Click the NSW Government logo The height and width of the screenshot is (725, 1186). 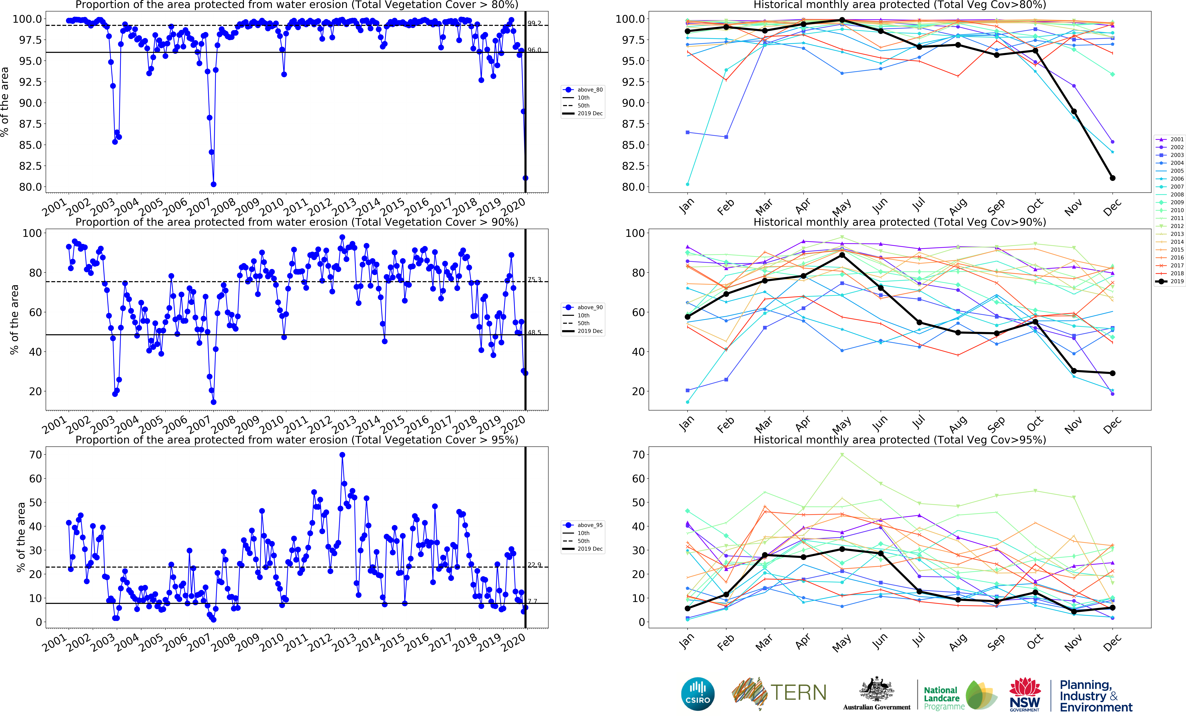(1025, 694)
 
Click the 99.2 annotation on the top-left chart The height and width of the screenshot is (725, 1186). (534, 23)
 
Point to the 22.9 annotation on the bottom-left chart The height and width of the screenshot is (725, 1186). (534, 565)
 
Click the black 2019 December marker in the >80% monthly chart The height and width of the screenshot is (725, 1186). (1112, 178)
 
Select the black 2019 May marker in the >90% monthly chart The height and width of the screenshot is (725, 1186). (842, 255)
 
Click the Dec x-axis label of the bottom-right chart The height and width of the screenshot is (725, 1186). (1112, 643)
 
